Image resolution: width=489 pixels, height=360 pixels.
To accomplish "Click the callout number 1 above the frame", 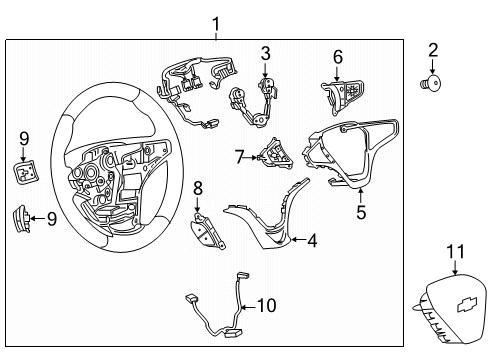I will pos(216,22).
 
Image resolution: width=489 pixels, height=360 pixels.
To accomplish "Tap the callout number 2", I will pos(433,50).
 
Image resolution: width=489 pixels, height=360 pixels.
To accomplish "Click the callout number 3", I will pos(265,51).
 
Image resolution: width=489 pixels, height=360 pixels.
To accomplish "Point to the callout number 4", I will pos(312,239).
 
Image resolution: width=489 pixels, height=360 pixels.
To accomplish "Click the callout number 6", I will pos(337,57).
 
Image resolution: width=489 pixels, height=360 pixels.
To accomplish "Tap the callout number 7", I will pos(239,157).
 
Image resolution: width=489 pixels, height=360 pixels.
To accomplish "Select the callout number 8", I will pos(197,187).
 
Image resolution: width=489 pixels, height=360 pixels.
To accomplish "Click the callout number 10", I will pos(266,305).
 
